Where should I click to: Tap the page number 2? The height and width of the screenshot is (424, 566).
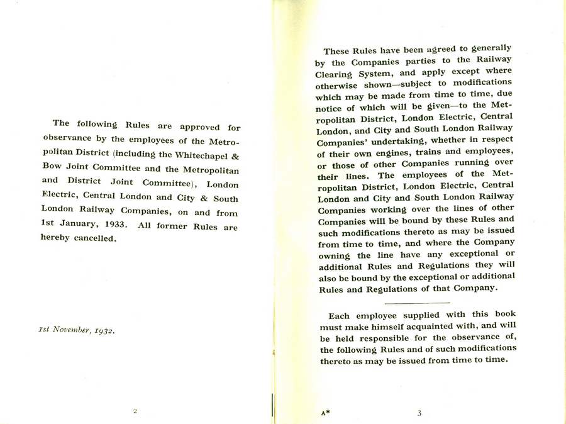tap(135, 411)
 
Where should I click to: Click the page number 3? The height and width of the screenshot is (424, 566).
tap(419, 413)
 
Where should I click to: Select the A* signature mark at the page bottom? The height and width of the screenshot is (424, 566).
tap(325, 413)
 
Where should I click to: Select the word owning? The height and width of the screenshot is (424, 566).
tap(336, 256)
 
